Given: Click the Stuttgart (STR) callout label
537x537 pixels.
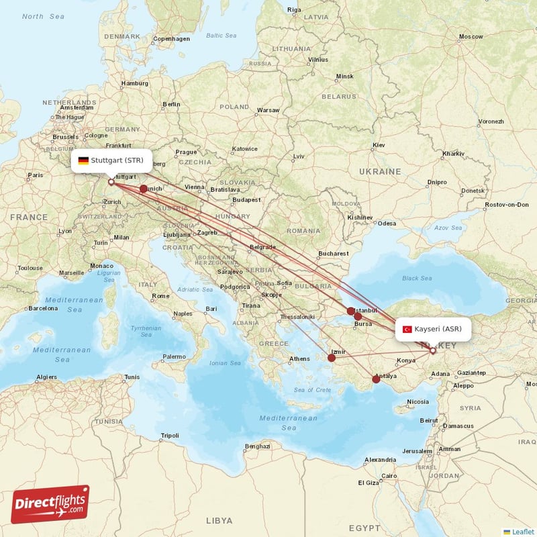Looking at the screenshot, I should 111,160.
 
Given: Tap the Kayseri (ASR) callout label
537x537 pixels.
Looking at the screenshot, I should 433,329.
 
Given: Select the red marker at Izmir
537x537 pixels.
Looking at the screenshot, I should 332,358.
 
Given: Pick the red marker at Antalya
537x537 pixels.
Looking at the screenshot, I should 376,379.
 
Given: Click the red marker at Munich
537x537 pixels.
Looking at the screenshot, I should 143,189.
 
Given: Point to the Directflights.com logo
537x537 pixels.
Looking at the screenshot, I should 50,504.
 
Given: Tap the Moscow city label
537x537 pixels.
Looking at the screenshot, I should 471,36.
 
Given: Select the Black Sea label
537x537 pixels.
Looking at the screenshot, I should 416,278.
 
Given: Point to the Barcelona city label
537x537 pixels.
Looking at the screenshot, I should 43,309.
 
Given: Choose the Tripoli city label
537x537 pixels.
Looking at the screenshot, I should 170,436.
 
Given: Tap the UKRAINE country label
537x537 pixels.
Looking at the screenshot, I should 380,172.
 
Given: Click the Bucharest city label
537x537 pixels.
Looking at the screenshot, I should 334,254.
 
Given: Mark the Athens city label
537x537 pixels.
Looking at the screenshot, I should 299,358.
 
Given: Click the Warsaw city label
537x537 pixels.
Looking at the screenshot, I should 268,109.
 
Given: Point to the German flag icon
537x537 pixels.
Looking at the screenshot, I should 83,160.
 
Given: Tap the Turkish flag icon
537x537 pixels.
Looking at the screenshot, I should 407,329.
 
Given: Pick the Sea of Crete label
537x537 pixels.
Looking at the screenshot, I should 312,390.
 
